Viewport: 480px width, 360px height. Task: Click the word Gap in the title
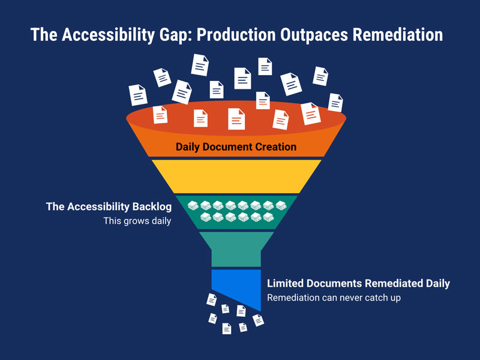[x=176, y=35]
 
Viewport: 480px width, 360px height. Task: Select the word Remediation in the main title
[x=398, y=34]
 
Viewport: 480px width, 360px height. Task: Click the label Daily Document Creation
[x=236, y=147]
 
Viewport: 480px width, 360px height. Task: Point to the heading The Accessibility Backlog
[x=109, y=206]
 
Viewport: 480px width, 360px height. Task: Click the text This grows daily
[x=137, y=221]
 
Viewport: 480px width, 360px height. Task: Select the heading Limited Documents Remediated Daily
[x=358, y=283]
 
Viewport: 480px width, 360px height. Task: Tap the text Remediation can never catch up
[x=334, y=298]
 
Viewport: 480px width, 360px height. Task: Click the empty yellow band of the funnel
[x=236, y=176]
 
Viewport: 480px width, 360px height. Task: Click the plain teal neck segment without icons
[x=236, y=248]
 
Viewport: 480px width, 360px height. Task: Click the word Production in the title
[x=236, y=34]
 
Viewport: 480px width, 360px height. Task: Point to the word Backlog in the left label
[x=152, y=206]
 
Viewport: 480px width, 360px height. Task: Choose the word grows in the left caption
[x=136, y=221]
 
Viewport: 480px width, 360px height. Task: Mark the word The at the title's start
[x=44, y=34]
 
